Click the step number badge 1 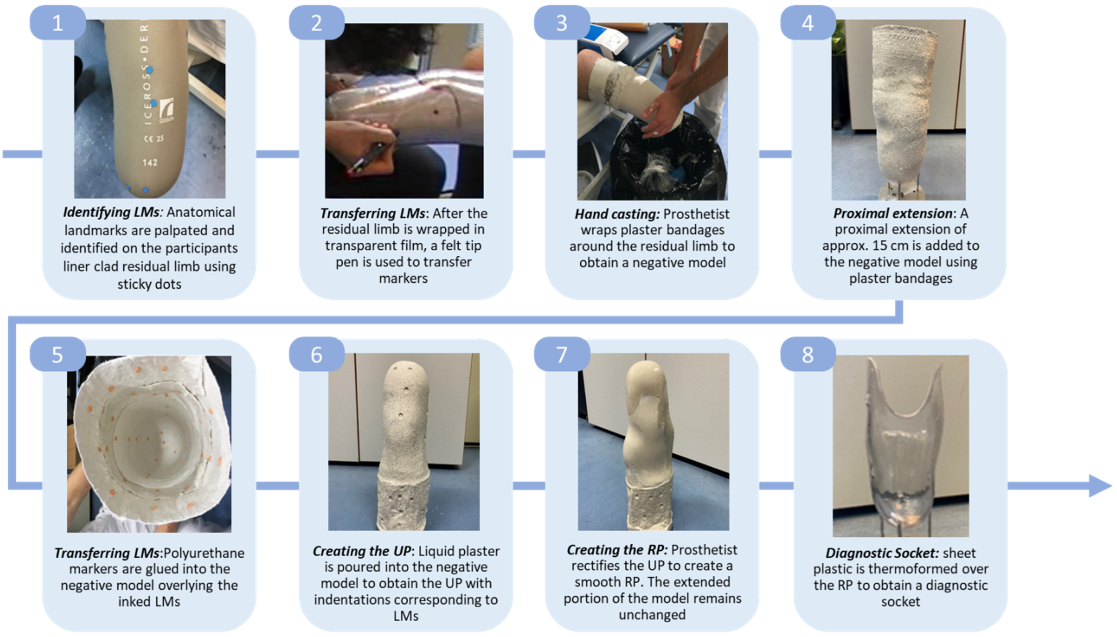[57, 23]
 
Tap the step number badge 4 [808, 23]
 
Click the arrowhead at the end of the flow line [1099, 486]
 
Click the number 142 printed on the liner [150, 163]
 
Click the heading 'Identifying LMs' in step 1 [111, 212]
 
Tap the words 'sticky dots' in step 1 [149, 284]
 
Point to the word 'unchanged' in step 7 [652, 615]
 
